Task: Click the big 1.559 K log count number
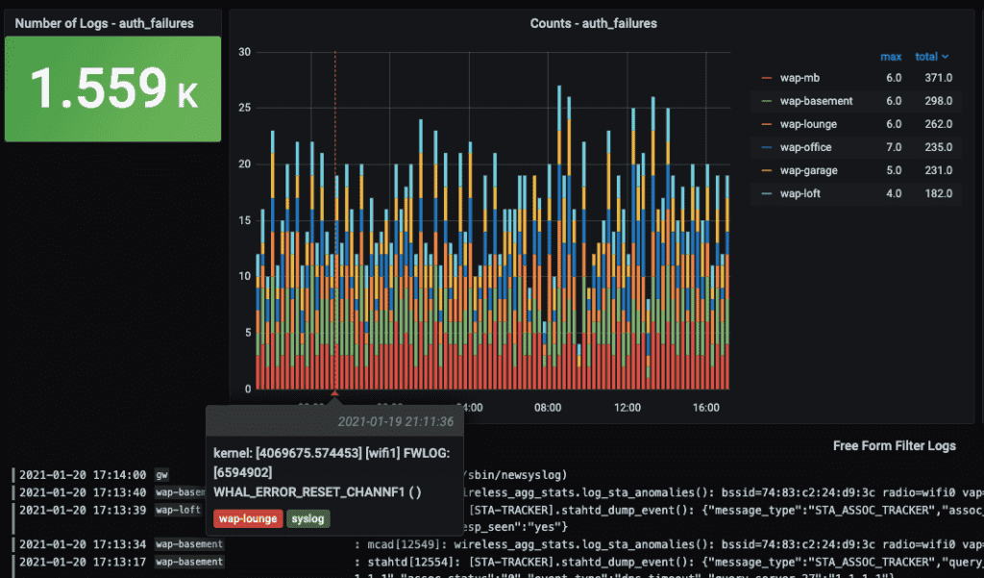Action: point(113,88)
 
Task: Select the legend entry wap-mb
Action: point(799,77)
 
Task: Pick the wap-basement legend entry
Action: point(816,100)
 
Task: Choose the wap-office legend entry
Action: point(805,147)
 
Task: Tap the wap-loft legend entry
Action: point(799,193)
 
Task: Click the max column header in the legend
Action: point(891,57)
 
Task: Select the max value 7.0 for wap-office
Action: point(894,147)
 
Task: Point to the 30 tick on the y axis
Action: point(245,52)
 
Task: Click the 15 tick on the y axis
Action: point(245,220)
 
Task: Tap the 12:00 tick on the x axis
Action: point(627,408)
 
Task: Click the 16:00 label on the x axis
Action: point(706,408)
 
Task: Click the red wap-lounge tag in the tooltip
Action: point(247,519)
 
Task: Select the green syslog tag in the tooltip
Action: point(308,519)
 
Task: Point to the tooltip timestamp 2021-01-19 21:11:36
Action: point(395,422)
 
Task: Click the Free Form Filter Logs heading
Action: point(895,446)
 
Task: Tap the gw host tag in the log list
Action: point(161,474)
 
